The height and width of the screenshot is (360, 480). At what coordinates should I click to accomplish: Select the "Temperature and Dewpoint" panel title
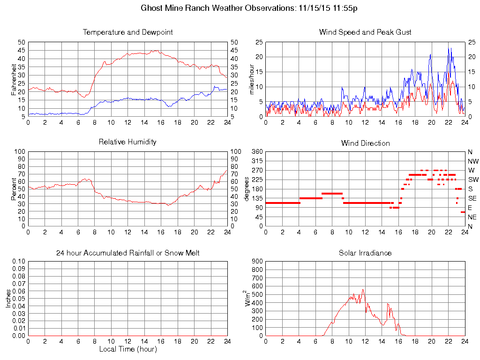click(127, 32)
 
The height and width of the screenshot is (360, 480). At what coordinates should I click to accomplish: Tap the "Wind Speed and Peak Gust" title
click(365, 32)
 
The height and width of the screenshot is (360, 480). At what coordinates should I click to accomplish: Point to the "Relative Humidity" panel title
click(127, 142)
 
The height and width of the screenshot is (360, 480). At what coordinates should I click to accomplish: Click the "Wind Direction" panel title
click(365, 143)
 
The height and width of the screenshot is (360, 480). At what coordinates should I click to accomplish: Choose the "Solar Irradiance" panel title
click(365, 253)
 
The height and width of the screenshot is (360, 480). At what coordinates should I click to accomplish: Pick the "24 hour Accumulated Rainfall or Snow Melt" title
click(127, 253)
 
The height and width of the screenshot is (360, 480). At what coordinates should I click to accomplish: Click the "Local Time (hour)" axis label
click(127, 349)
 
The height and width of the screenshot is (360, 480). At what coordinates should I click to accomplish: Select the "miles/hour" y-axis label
click(252, 79)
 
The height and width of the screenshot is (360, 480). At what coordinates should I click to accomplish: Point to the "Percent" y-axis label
click(14, 189)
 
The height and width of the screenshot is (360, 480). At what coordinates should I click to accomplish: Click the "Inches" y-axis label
click(8, 298)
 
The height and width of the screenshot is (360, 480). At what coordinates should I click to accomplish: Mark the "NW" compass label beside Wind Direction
click(472, 161)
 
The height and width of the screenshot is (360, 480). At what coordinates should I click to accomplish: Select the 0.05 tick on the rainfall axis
click(19, 299)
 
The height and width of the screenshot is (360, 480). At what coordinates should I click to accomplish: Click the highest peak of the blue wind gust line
click(449, 48)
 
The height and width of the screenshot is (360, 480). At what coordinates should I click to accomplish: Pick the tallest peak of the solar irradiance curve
click(363, 289)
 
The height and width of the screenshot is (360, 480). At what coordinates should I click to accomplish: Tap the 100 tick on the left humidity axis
click(20, 152)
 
